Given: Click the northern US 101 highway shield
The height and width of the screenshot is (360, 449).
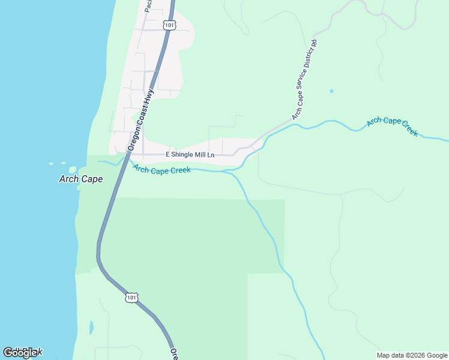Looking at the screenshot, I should coord(170,25).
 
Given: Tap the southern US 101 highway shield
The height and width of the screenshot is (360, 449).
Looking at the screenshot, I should coord(132,297).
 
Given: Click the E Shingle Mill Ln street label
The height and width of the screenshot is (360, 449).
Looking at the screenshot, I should coord(190,155).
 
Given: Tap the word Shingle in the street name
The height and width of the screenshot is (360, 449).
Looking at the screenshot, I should coord(187,155).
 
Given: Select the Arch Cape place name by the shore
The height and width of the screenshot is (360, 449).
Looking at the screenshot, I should coord(81,179).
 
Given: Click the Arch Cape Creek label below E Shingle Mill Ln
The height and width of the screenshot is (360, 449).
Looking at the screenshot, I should coord(162,170).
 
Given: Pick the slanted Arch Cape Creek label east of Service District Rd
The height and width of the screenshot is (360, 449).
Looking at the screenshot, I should coord(393,126).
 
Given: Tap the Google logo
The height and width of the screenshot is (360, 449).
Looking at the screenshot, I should coord(22,353).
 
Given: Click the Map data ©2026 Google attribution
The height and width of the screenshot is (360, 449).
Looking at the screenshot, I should coord(412,355).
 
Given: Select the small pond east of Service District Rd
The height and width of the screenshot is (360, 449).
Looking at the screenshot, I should coord(331,91).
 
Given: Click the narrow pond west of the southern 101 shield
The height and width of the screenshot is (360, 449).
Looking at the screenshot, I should coord(91,328).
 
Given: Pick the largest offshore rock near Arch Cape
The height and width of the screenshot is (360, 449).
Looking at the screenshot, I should coord(73,170).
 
